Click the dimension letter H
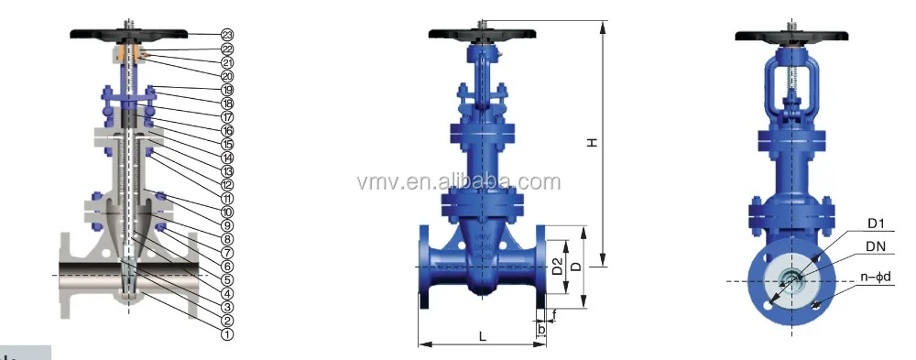tap(593, 142)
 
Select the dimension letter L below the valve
tap(482, 336)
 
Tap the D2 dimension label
tap(556, 268)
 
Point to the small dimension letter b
tap(541, 327)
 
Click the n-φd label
tap(875, 276)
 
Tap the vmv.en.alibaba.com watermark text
tap(458, 181)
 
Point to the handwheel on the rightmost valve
tap(789, 36)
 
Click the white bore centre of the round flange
tap(788, 281)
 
